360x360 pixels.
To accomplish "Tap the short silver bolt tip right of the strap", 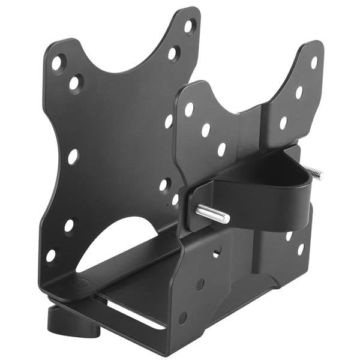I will pos(314,173).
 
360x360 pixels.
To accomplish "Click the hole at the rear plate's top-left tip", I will pos(58,62).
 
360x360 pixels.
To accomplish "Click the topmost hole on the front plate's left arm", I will pos(189,109).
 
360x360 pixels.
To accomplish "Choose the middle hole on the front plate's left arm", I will pos(206,130).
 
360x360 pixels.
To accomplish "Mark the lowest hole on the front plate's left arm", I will pos(221,149).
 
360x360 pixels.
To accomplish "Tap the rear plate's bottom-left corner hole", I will pos(52,255).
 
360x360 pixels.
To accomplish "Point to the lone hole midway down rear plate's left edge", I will pos(73,157).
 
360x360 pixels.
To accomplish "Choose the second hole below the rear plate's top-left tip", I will pos(75,83).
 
